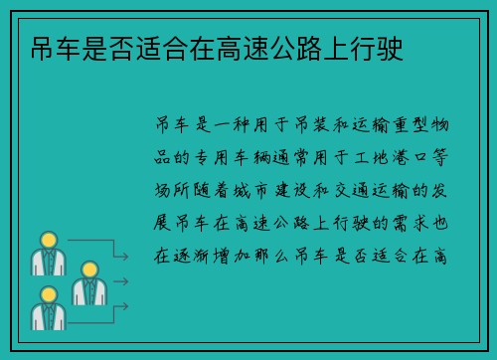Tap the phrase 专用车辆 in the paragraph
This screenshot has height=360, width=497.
pos(238,157)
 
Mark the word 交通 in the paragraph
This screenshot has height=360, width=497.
pos(369,189)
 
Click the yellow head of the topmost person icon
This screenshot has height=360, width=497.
pos(47,240)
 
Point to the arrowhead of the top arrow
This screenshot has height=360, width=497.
pos(126,257)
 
